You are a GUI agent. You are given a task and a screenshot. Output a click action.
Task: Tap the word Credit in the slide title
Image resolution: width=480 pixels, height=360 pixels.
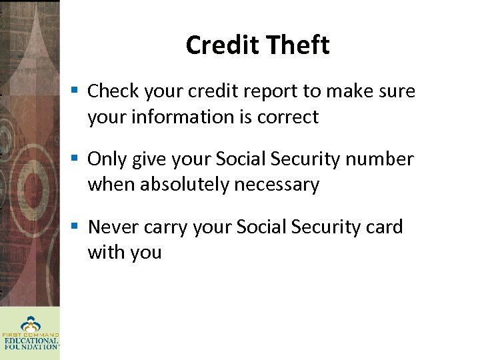(x=223, y=45)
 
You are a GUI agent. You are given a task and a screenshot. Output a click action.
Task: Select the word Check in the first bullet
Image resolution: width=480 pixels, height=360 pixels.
(x=113, y=91)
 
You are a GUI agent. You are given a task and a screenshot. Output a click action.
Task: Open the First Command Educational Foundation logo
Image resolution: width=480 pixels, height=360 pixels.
(x=30, y=333)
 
